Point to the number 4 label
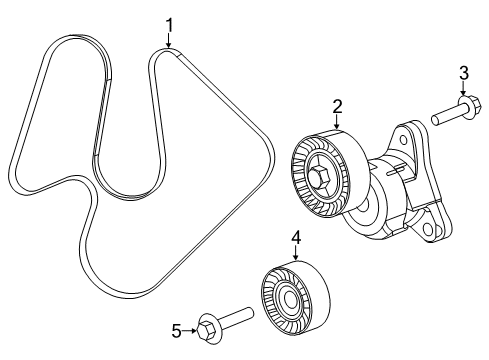[296, 238]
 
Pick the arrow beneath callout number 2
[337, 122]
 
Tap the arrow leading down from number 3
[463, 89]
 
